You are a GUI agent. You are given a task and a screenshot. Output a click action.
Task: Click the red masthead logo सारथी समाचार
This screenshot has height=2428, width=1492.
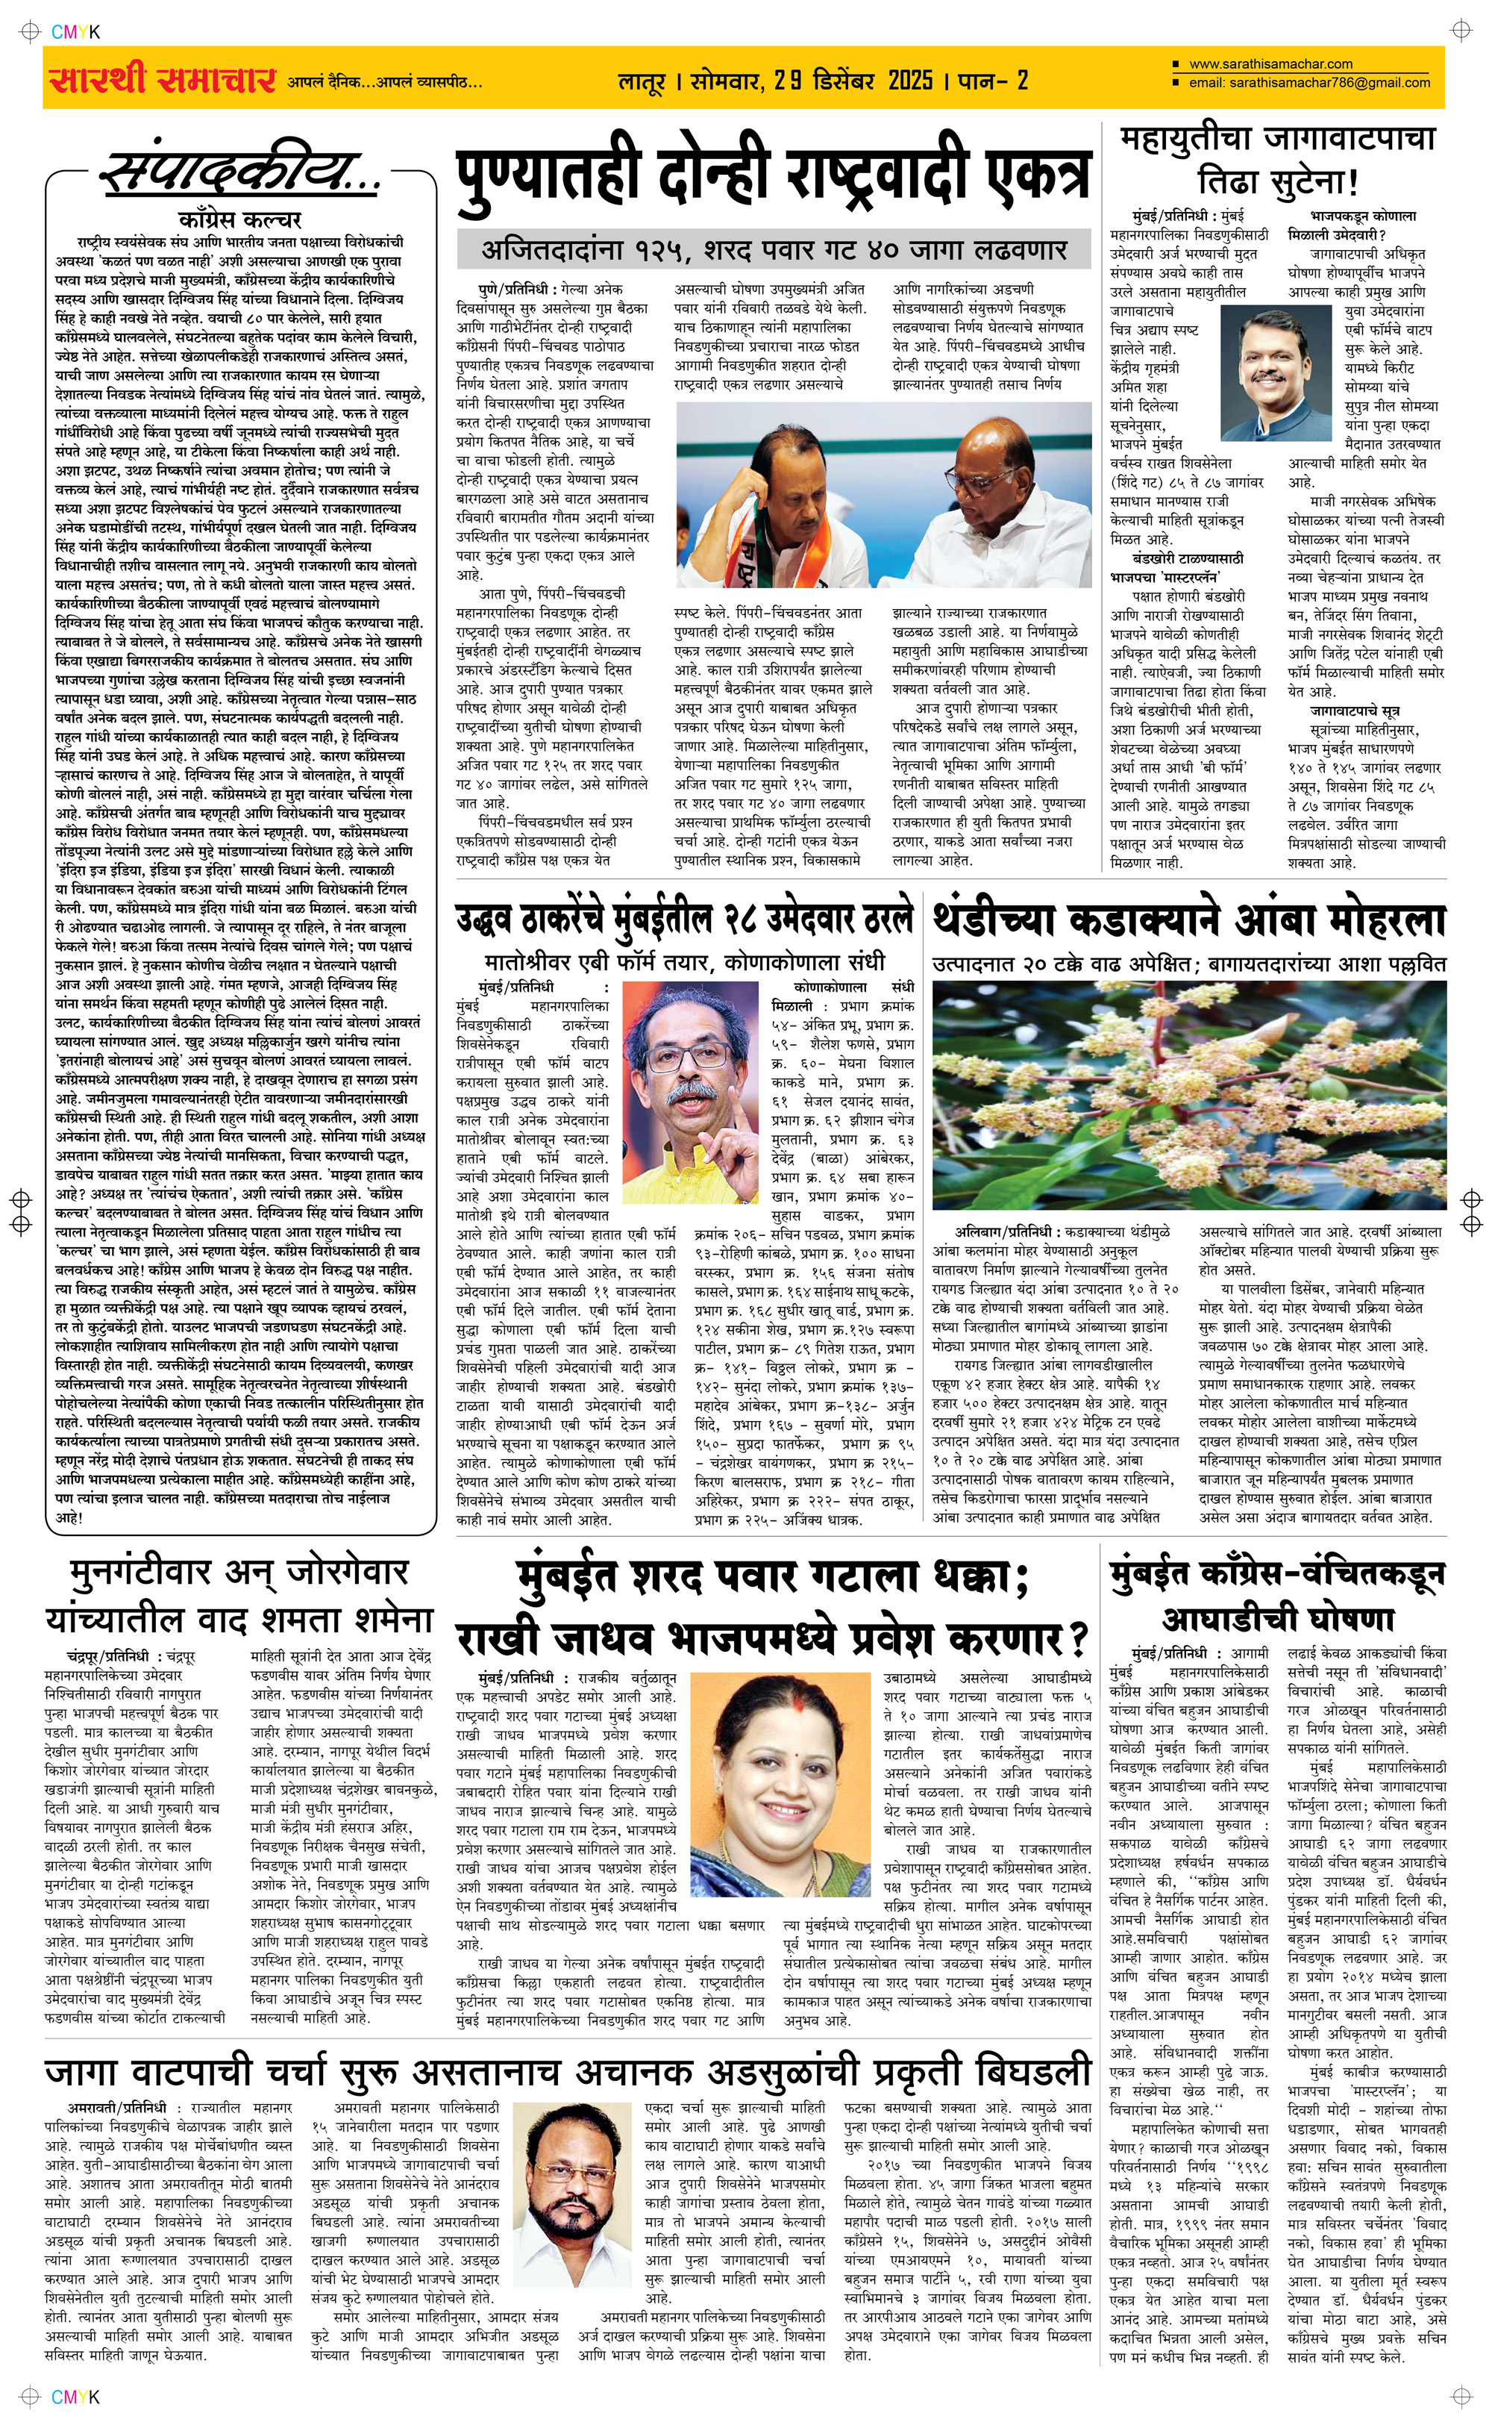click(160, 79)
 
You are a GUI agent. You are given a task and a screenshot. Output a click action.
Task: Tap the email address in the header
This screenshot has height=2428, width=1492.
click(1329, 83)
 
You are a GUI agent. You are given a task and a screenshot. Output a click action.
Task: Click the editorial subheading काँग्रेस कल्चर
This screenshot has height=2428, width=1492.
click(239, 219)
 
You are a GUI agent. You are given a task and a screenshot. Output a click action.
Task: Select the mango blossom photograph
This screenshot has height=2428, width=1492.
click(1188, 1096)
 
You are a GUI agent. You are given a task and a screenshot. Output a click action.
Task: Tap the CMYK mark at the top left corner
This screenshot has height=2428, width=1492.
click(75, 31)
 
